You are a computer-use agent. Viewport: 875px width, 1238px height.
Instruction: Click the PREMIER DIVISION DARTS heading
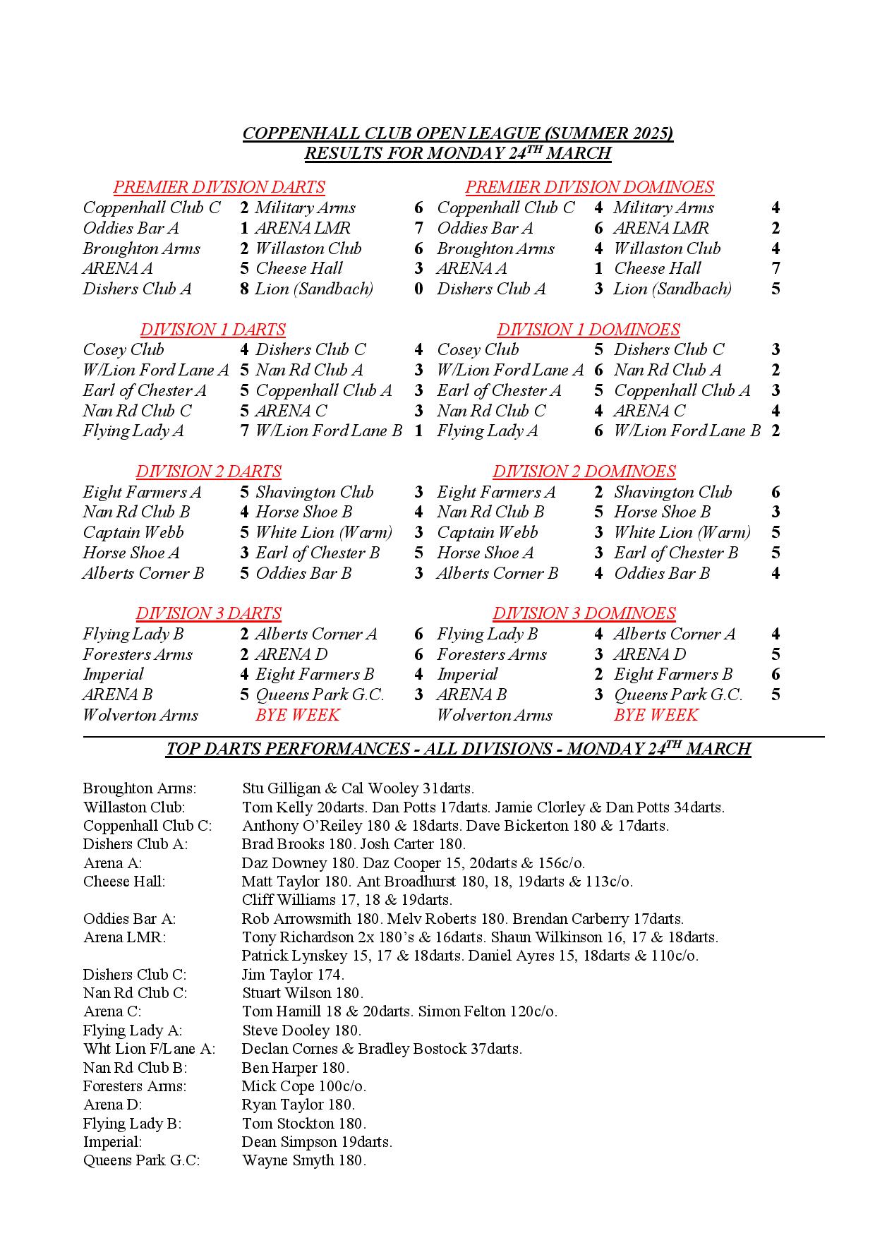pyautogui.click(x=219, y=187)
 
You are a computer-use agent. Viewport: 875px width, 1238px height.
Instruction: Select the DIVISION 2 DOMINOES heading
pyautogui.click(x=584, y=471)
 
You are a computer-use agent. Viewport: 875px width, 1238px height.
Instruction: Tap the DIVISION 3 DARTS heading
pyautogui.click(x=208, y=613)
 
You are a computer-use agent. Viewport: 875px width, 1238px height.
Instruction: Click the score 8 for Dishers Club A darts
pyautogui.click(x=244, y=289)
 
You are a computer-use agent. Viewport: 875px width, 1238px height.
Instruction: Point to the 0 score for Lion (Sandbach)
pyautogui.click(x=418, y=289)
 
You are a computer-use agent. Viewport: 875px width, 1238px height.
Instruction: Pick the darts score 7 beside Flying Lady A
pyautogui.click(x=244, y=431)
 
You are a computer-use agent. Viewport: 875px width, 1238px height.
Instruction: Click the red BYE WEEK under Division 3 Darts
pyautogui.click(x=297, y=715)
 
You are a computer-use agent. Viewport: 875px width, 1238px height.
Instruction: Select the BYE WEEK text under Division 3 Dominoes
pyautogui.click(x=656, y=715)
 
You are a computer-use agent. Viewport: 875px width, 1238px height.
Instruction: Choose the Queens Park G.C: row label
pyautogui.click(x=141, y=1160)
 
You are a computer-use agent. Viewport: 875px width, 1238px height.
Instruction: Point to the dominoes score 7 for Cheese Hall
pyautogui.click(x=776, y=268)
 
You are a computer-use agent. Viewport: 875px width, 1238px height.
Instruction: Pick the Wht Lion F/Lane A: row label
pyautogui.click(x=149, y=1049)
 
